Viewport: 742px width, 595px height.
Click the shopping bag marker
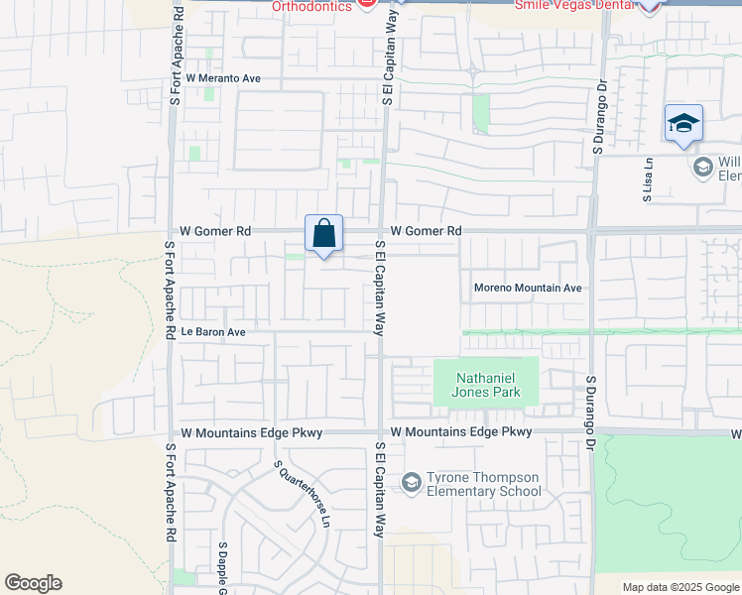tap(324, 235)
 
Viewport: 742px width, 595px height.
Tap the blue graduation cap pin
tap(684, 125)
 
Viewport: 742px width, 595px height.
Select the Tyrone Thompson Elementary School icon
tap(412, 483)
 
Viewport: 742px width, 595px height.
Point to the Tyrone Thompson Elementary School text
tap(484, 484)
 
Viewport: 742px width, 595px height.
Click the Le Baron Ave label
tap(212, 332)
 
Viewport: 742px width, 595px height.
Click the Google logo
tap(33, 583)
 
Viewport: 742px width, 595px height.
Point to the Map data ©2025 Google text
tap(680, 587)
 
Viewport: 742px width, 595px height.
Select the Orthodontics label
tap(312, 6)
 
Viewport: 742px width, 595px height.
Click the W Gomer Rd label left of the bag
tap(214, 231)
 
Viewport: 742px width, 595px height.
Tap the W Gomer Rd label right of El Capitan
tap(427, 231)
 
